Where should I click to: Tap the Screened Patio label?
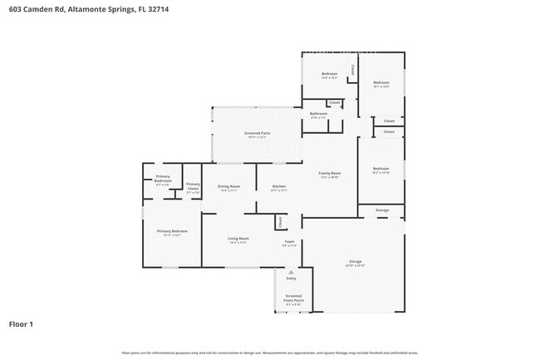pyautogui.click(x=257, y=135)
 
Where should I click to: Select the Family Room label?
pyautogui.click(x=330, y=174)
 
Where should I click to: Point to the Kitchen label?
pyautogui.click(x=279, y=187)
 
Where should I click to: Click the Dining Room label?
pyautogui.click(x=229, y=187)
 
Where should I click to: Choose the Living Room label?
pyautogui.click(x=238, y=240)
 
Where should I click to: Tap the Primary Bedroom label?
pyautogui.click(x=173, y=232)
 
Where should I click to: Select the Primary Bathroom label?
pyautogui.click(x=163, y=179)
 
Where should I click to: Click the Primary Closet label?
pyautogui.click(x=193, y=187)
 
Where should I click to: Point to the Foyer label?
pyautogui.click(x=289, y=243)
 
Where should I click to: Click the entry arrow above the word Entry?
pyautogui.click(x=291, y=271)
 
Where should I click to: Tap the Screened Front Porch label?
pyautogui.click(x=293, y=298)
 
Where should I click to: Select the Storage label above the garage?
pyautogui.click(x=382, y=210)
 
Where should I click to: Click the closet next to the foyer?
pyautogui.click(x=280, y=221)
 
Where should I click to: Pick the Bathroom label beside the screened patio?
pyautogui.click(x=318, y=115)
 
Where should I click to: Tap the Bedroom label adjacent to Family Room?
pyautogui.click(x=380, y=169)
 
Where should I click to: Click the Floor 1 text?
pyautogui.click(x=21, y=323)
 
